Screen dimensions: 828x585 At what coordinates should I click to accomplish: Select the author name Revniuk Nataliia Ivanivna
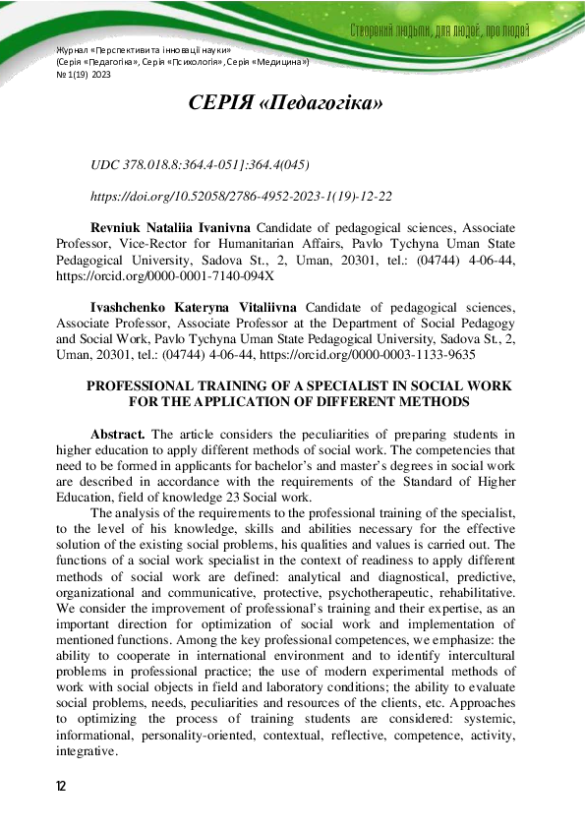(170, 227)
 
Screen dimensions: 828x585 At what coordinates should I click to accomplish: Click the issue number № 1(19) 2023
(84, 73)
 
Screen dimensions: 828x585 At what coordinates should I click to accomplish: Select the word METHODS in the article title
(436, 402)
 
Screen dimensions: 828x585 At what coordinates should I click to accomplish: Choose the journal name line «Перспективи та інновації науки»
(143, 49)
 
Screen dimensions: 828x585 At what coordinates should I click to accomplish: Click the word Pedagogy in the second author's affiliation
(488, 324)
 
